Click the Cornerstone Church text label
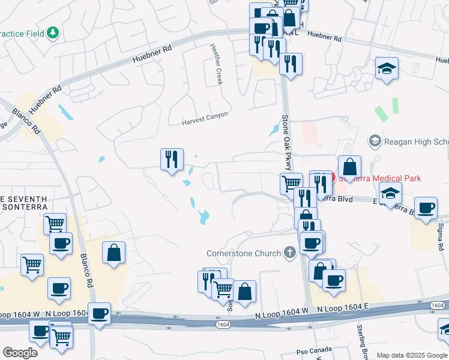point(243,253)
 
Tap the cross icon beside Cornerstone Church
point(290,252)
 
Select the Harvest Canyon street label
point(205,122)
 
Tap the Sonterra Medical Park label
point(379,178)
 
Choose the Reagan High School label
point(416,142)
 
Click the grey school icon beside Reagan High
point(375,142)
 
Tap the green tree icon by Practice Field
point(53,32)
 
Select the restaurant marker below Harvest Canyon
point(172,160)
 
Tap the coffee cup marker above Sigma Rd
point(426,208)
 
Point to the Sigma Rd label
point(441,236)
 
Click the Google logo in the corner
point(20,353)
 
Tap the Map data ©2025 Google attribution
point(412,355)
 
